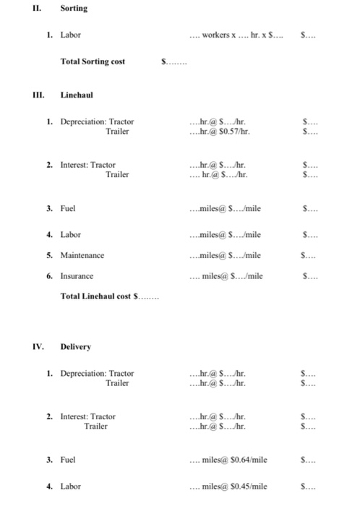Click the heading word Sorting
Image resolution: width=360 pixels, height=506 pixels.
(x=74, y=9)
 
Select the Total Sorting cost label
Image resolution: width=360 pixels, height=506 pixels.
(x=93, y=61)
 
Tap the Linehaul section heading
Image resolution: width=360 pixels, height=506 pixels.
(x=77, y=95)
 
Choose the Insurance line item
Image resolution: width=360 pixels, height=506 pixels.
(x=77, y=276)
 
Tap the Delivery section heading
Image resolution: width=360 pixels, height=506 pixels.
(x=76, y=346)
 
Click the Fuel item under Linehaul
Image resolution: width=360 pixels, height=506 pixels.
(x=69, y=209)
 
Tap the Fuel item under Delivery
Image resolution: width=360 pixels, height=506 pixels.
(x=69, y=460)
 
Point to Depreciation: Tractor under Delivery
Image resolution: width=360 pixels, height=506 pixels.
(x=97, y=373)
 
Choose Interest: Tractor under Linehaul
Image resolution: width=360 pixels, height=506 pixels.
(x=87, y=165)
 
